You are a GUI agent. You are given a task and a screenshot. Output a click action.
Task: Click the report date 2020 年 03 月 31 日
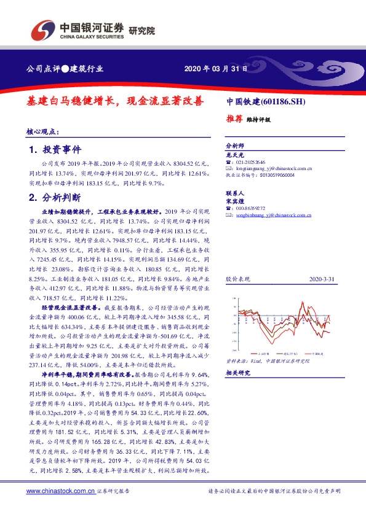click(216, 69)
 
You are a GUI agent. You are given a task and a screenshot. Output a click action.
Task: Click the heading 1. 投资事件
click(55, 150)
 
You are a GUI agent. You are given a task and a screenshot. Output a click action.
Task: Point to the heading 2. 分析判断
click(55, 198)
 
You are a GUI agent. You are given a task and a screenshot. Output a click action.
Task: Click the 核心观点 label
click(42, 131)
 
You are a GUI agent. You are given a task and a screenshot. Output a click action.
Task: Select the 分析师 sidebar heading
click(236, 146)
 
